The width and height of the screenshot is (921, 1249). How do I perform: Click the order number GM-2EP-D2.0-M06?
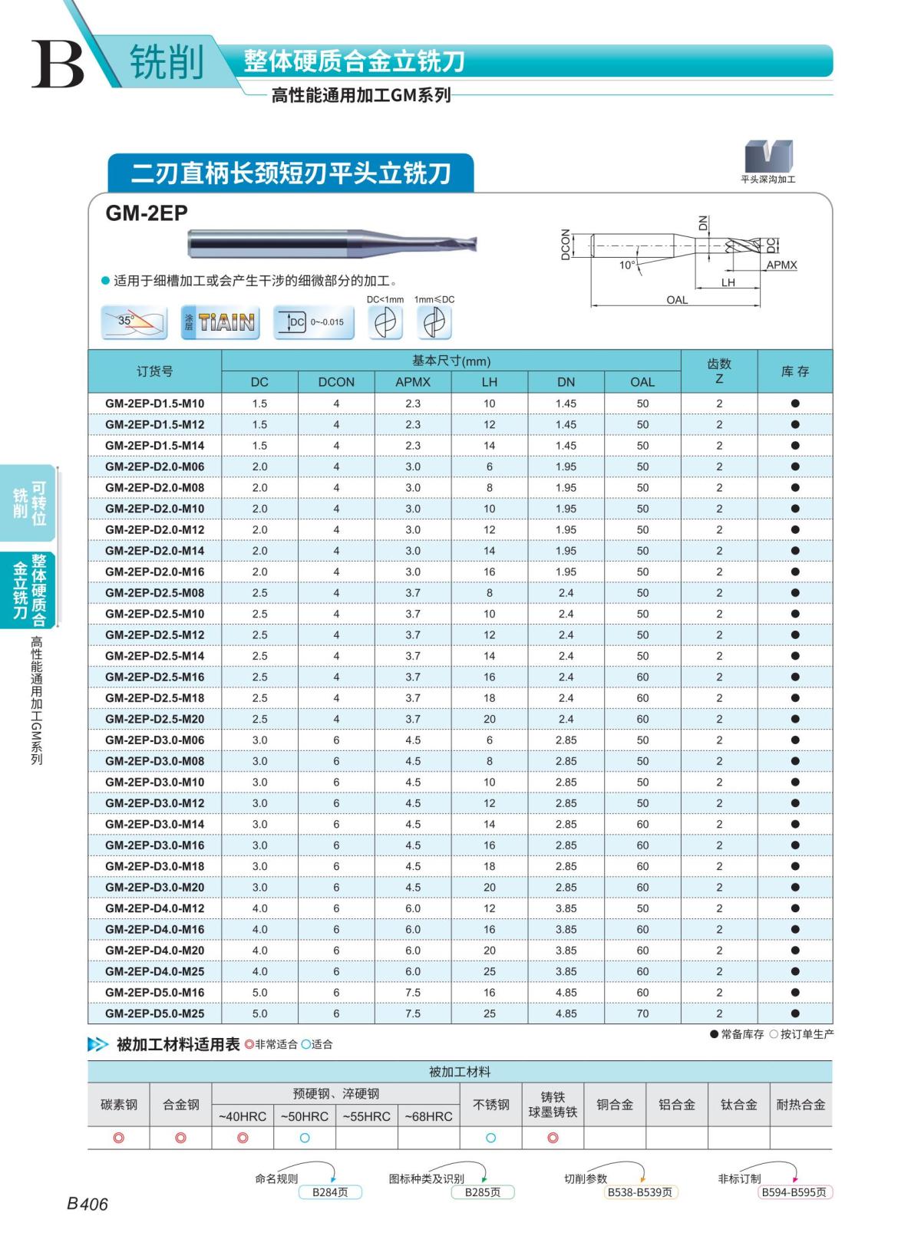coord(154,466)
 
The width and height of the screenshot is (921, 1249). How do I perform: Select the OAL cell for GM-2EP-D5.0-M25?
coord(642,1013)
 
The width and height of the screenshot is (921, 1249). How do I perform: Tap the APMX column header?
coord(413,382)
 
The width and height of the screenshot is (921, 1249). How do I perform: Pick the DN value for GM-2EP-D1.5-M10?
coord(566,404)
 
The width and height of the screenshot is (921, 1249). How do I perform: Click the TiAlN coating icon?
coord(220,322)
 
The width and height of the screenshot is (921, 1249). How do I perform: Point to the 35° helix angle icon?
coord(135,322)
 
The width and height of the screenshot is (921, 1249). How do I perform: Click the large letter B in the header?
coord(57,63)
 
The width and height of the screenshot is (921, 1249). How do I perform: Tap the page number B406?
coord(87,1204)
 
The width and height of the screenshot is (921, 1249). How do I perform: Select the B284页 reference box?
coord(329,1192)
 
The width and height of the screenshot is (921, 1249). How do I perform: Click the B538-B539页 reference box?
coord(640,1192)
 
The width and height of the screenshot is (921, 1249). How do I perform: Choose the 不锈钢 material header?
coord(490,1105)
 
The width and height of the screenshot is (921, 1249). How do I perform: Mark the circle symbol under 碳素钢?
coord(119,1138)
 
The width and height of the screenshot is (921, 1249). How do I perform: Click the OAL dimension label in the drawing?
coord(676,300)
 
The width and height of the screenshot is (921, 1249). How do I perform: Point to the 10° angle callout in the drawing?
coord(627,265)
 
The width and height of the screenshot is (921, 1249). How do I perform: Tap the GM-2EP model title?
coord(147,213)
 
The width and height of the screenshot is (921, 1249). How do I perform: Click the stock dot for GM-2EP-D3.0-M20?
coord(795,887)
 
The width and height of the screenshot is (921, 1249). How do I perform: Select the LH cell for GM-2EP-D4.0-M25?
coord(489,971)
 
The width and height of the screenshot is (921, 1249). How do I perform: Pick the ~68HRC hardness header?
coord(428,1116)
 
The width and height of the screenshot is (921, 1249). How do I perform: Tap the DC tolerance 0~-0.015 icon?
coord(315,322)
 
